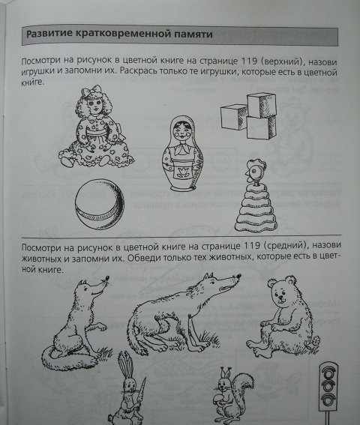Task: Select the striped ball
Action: pos(100,205)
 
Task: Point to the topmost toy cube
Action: pos(262,105)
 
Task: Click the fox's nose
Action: pos(107,278)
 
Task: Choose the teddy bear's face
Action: pos(281,294)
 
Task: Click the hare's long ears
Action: pos(126,364)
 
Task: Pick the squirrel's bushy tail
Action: pos(243,386)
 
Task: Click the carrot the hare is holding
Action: pos(142,391)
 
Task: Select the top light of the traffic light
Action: pos(329,374)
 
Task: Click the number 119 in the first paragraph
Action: pos(249,61)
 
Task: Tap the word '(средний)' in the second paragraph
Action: pos(286,246)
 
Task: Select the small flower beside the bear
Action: pos(316,341)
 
